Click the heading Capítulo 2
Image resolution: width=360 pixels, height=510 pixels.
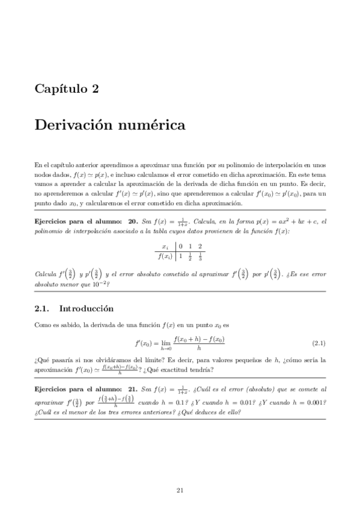(67, 89)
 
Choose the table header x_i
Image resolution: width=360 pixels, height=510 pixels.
(165, 247)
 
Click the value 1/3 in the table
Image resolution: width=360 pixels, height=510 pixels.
(200, 257)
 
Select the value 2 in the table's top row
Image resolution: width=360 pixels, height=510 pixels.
(200, 247)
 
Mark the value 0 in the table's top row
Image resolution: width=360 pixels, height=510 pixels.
(180, 247)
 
